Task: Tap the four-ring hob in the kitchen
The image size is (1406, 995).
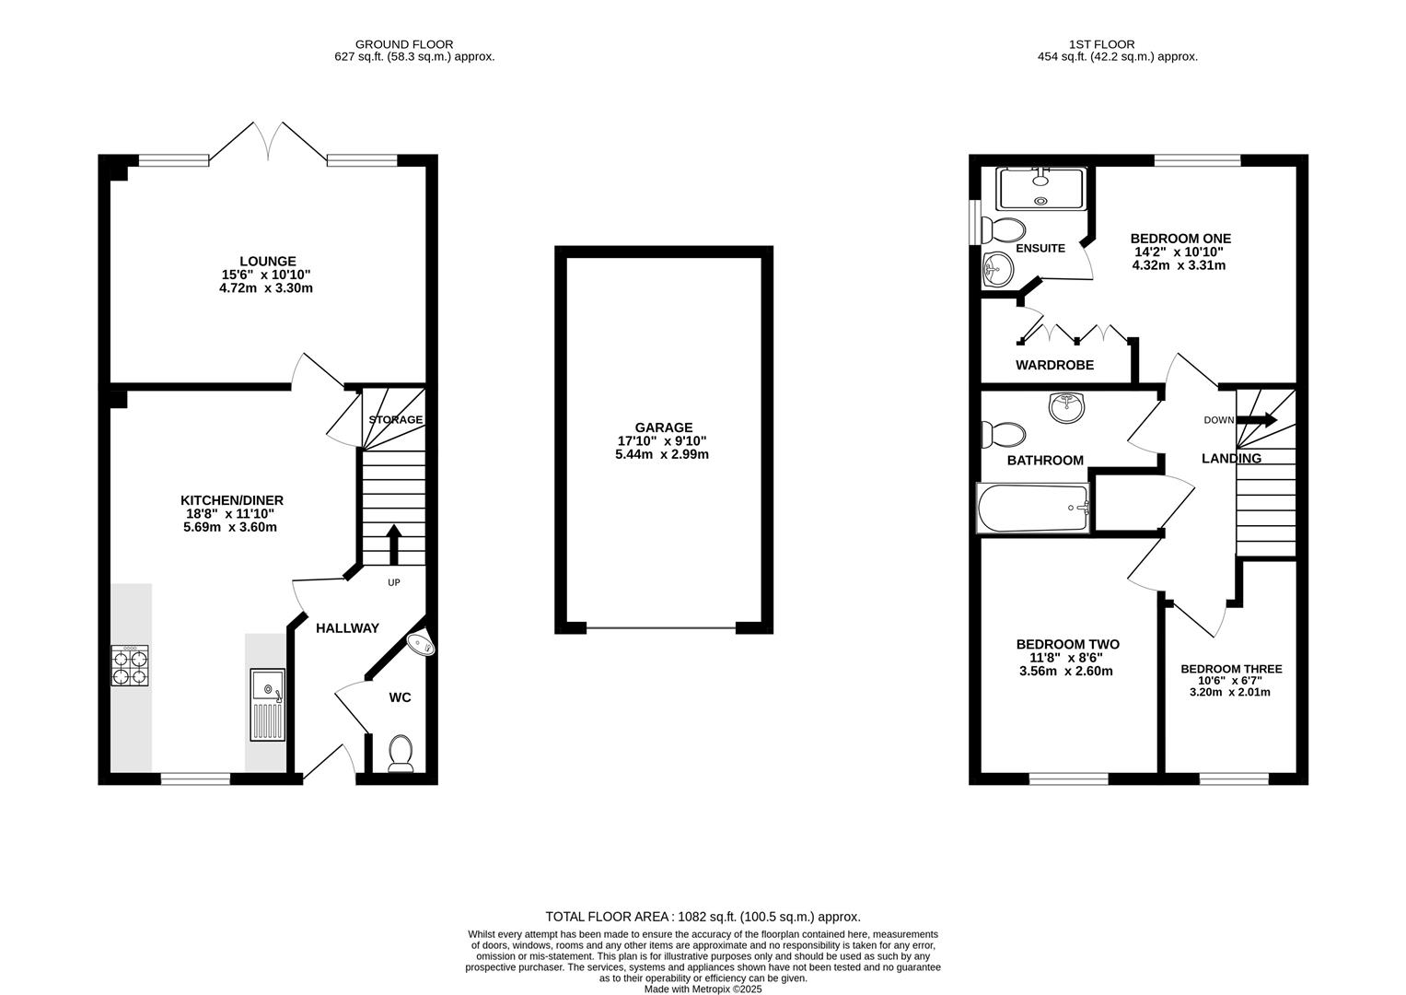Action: coord(130,666)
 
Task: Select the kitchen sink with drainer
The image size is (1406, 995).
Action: coord(267,705)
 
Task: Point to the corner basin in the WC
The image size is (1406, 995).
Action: coord(422,643)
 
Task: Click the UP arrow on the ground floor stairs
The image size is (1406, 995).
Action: coord(393,544)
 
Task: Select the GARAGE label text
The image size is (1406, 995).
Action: coord(664,427)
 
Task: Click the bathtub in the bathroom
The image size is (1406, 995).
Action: coord(1033,509)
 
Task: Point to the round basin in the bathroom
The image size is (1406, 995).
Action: coord(1066,407)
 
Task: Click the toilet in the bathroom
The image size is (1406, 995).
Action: coord(1003,435)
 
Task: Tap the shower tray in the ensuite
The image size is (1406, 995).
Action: coord(1041,189)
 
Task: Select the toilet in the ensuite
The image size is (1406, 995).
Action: coord(1003,230)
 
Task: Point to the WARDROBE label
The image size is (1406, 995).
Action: coord(1054,365)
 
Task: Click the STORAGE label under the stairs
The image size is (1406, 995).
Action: coord(395,419)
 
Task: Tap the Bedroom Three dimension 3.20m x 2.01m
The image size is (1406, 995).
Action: coord(1229,693)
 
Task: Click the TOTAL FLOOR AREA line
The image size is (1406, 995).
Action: coord(703,917)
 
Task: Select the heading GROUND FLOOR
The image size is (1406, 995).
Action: coord(404,44)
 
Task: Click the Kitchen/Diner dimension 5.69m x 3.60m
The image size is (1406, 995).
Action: coord(230,527)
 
